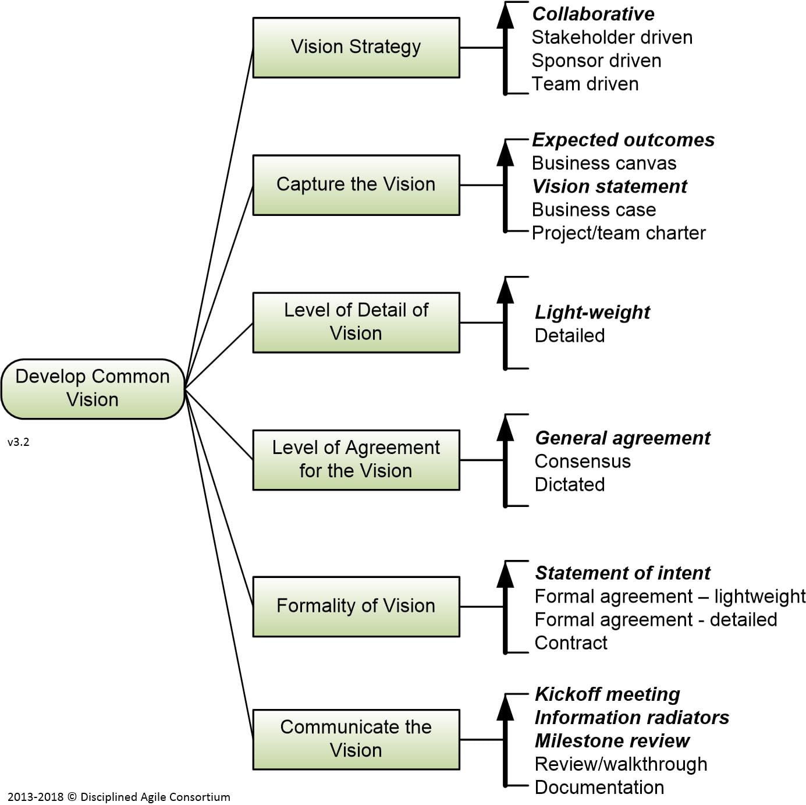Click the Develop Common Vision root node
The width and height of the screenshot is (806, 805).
pyautogui.click(x=93, y=388)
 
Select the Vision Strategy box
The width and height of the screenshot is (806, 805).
pyautogui.click(x=356, y=47)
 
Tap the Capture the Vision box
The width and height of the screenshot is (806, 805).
pyautogui.click(x=356, y=185)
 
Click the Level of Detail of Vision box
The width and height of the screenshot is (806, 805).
pyautogui.click(x=356, y=322)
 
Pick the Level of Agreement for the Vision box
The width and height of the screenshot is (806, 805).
pyautogui.click(x=356, y=459)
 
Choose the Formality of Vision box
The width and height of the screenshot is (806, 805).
pyautogui.click(x=356, y=606)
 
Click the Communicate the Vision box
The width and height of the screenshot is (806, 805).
pyautogui.click(x=356, y=739)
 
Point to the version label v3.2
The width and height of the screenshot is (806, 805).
pyautogui.click(x=19, y=442)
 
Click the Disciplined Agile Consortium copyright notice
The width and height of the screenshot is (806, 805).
pyautogui.click(x=119, y=797)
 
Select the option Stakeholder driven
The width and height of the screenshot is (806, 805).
pyautogui.click(x=612, y=37)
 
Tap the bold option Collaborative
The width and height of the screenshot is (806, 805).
pyautogui.click(x=593, y=14)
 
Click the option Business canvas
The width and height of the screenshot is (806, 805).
pyautogui.click(x=603, y=163)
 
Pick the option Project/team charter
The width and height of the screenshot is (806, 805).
pyautogui.click(x=618, y=233)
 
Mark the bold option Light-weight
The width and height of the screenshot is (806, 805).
pyautogui.click(x=592, y=312)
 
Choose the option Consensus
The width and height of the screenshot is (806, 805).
pyautogui.click(x=582, y=461)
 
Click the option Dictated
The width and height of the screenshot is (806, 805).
pyautogui.click(x=569, y=484)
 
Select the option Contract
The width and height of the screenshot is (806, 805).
pyautogui.click(x=570, y=643)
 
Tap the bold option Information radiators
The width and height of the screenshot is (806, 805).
pyautogui.click(x=631, y=717)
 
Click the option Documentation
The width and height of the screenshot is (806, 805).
pyautogui.click(x=599, y=787)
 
